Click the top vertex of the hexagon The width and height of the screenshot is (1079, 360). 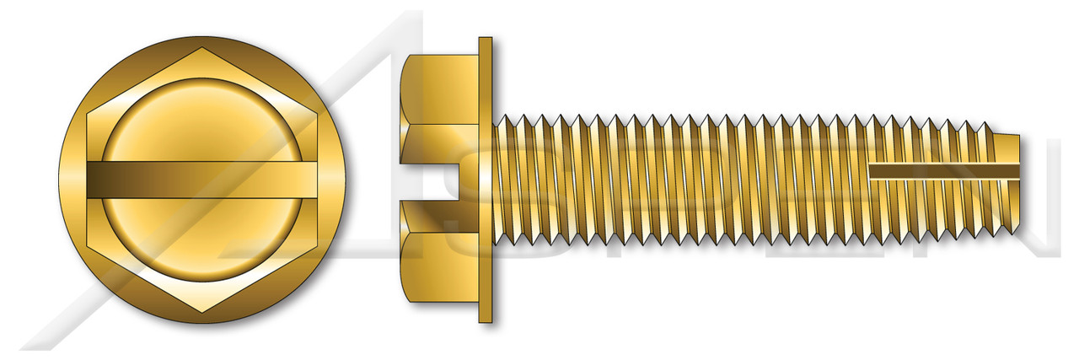coord(202,48)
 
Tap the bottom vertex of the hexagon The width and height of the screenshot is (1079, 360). coord(202,313)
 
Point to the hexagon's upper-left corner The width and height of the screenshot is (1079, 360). coord(88,114)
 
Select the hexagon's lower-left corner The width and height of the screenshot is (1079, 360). coord(88,247)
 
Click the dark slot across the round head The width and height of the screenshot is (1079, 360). coord(202,180)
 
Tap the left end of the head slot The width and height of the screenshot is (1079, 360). coord(89,180)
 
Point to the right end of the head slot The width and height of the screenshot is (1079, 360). coord(316,180)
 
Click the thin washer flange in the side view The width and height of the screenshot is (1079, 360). coord(485,180)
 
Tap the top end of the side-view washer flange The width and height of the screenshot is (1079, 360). coord(485,40)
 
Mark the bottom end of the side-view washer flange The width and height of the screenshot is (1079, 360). coord(485,320)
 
